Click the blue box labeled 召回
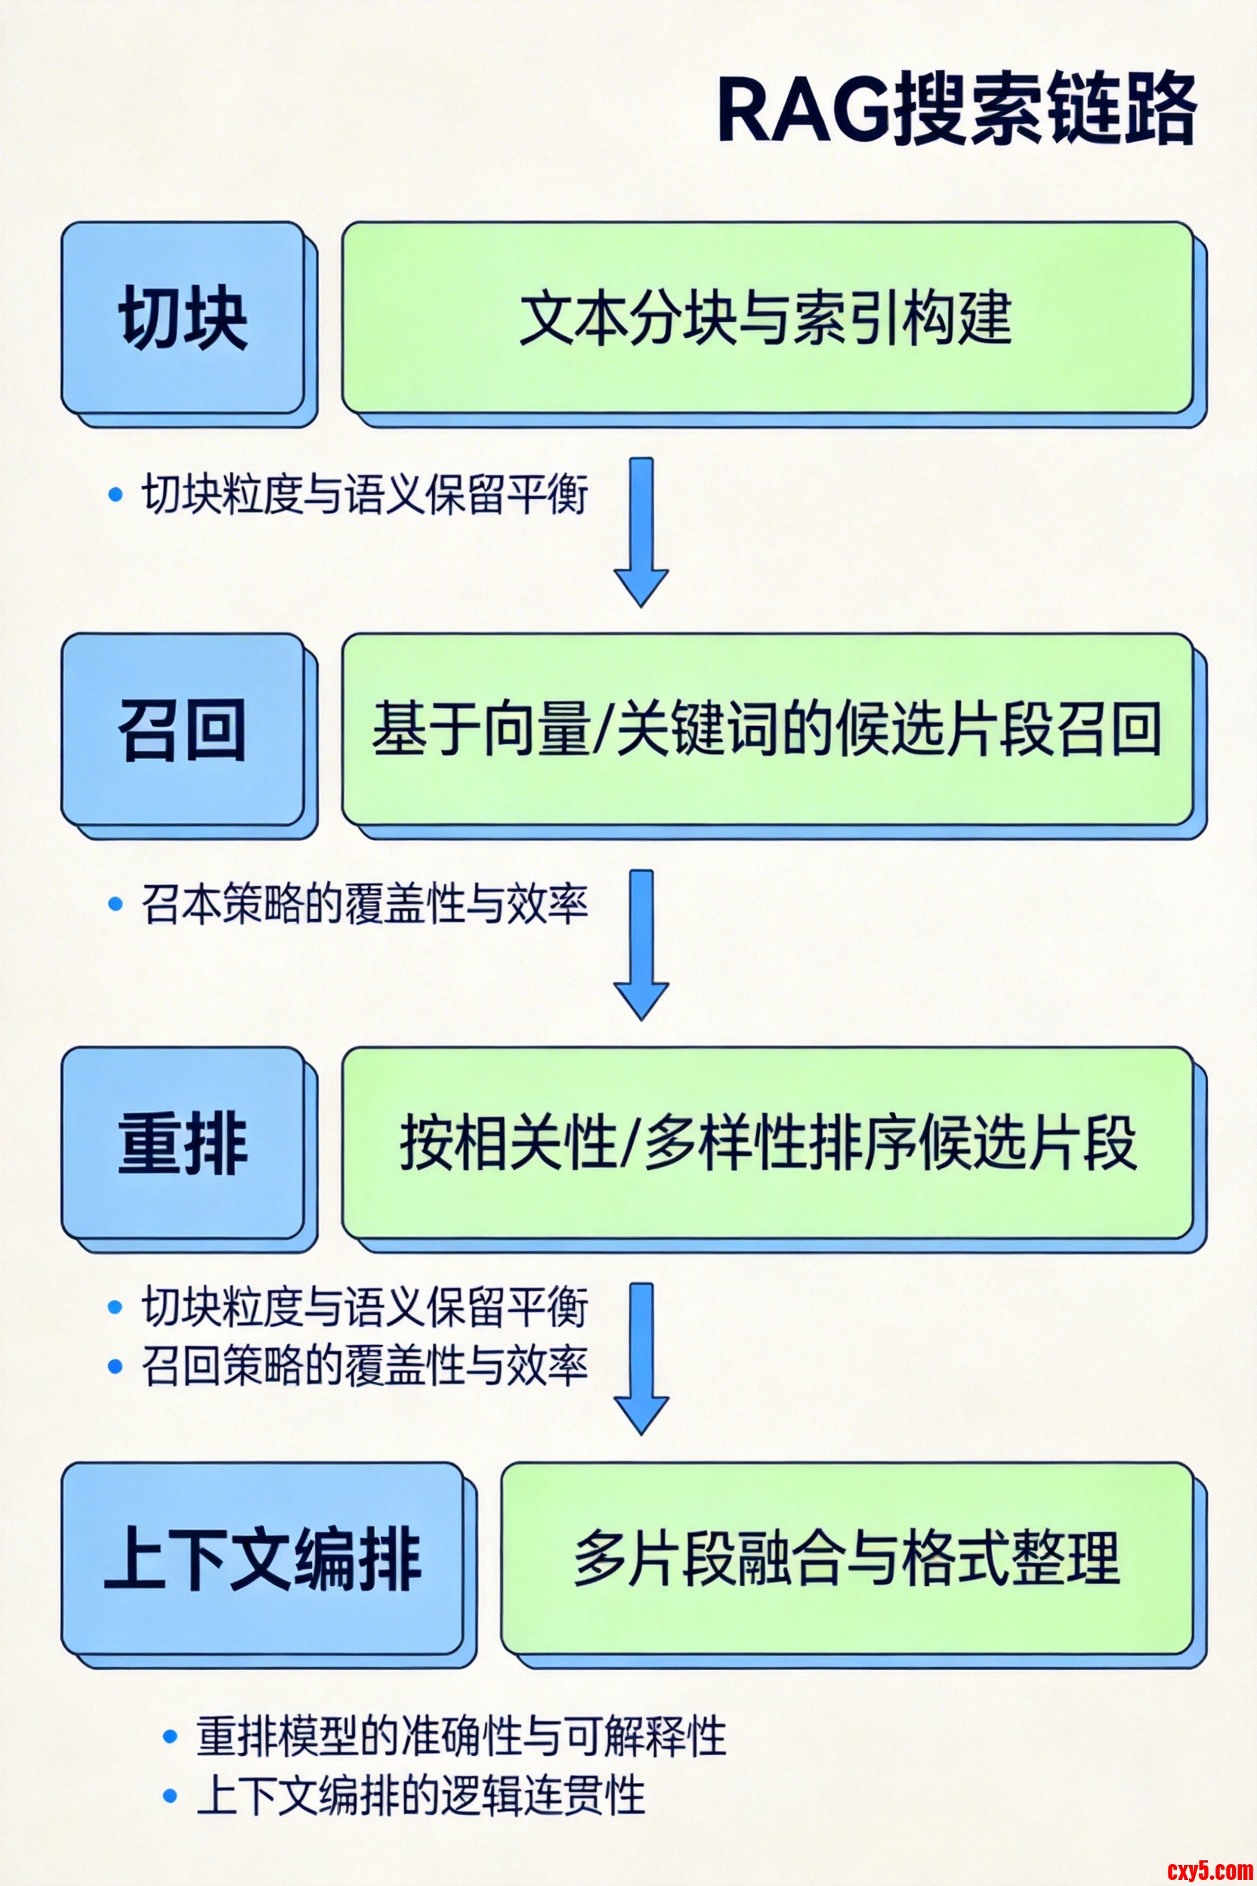[184, 729]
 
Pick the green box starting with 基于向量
[767, 729]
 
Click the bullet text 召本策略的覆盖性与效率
[366, 904]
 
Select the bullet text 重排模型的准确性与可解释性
[461, 1737]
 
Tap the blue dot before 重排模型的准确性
[169, 1737]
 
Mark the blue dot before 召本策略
[116, 904]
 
